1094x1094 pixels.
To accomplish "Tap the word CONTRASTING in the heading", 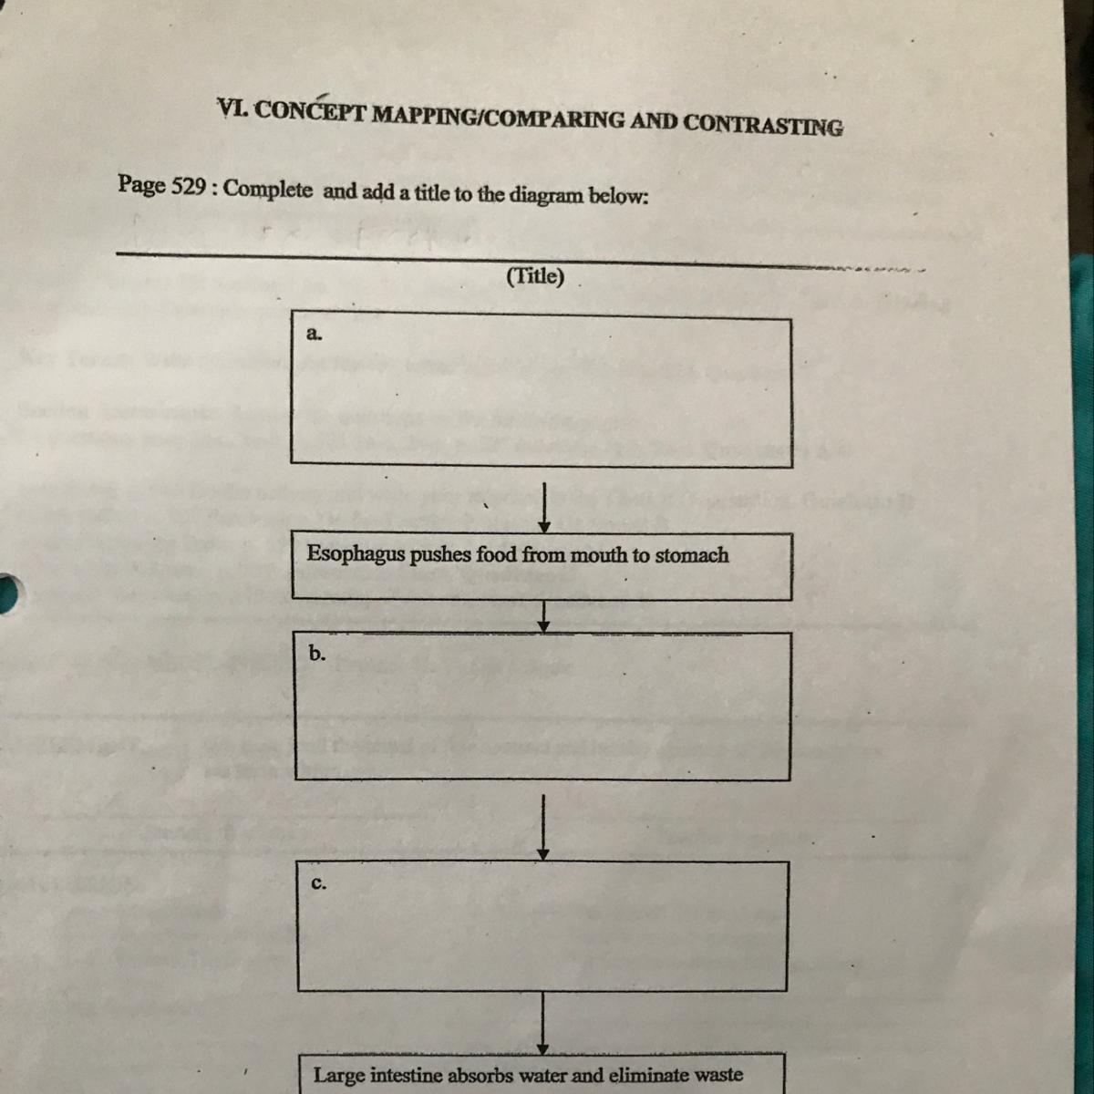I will (763, 123).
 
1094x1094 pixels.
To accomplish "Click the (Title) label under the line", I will (535, 276).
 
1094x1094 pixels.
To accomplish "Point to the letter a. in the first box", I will (314, 334).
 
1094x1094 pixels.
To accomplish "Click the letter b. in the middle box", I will (316, 653).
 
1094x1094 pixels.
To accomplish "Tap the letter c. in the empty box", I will (318, 883).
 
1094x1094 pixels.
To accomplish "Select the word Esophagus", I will (355, 554).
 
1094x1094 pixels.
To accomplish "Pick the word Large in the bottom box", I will (339, 1075).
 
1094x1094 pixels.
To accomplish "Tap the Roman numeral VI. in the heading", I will (232, 108).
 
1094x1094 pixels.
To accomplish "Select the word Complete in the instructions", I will (267, 190).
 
